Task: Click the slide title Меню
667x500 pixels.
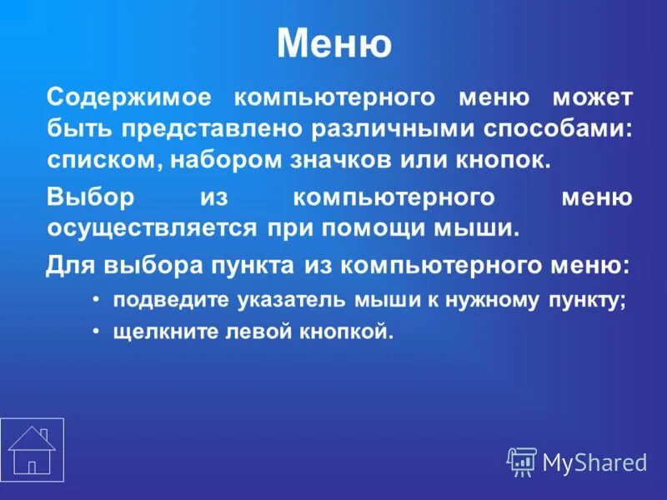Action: (333, 43)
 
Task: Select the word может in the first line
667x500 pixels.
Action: (591, 97)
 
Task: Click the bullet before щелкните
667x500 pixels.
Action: (97, 331)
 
